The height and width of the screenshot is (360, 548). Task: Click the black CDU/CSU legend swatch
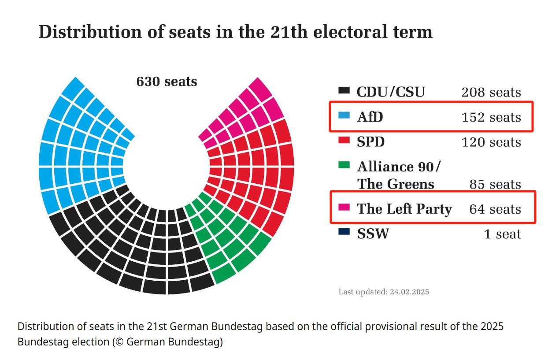point(344,91)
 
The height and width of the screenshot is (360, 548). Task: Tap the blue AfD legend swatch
point(344,115)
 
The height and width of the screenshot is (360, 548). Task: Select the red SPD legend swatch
point(344,140)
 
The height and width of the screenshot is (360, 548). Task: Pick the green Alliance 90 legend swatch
point(344,165)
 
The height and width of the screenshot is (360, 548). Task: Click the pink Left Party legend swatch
point(344,207)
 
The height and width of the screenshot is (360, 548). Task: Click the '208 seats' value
point(491,93)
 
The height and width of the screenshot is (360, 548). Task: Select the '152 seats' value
point(491,117)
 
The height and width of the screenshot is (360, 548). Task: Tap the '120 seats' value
point(491,142)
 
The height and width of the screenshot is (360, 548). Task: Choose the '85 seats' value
point(495,184)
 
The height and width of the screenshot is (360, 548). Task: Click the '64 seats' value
point(495,209)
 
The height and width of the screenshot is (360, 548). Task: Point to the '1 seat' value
point(502,234)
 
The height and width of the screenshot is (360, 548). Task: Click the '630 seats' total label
point(167,82)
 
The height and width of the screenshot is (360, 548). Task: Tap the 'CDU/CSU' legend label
point(391,92)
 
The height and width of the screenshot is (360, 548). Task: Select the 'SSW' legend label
point(373,234)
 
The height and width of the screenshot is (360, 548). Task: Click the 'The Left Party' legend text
point(404,209)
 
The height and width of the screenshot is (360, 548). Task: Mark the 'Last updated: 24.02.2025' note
point(383,292)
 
